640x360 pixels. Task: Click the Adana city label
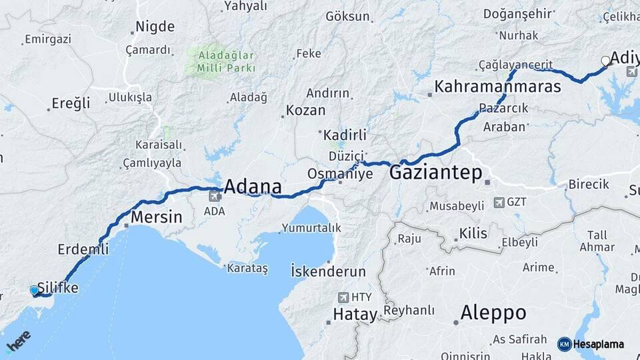[x=253, y=186]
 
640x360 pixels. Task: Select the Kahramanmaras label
[x=497, y=87]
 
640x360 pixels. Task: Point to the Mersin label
[x=157, y=217]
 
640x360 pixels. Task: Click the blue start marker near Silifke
[x=35, y=290]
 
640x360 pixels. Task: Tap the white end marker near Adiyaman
[x=605, y=61]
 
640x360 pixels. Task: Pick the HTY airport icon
[x=343, y=297]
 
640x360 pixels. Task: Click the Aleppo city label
[x=493, y=313]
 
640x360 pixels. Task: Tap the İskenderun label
[x=328, y=271]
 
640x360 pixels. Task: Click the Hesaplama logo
[x=591, y=344]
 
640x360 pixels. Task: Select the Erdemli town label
[x=83, y=249]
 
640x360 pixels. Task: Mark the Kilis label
[x=473, y=233]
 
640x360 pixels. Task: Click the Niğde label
[x=155, y=27]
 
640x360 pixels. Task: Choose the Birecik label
[x=589, y=185]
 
